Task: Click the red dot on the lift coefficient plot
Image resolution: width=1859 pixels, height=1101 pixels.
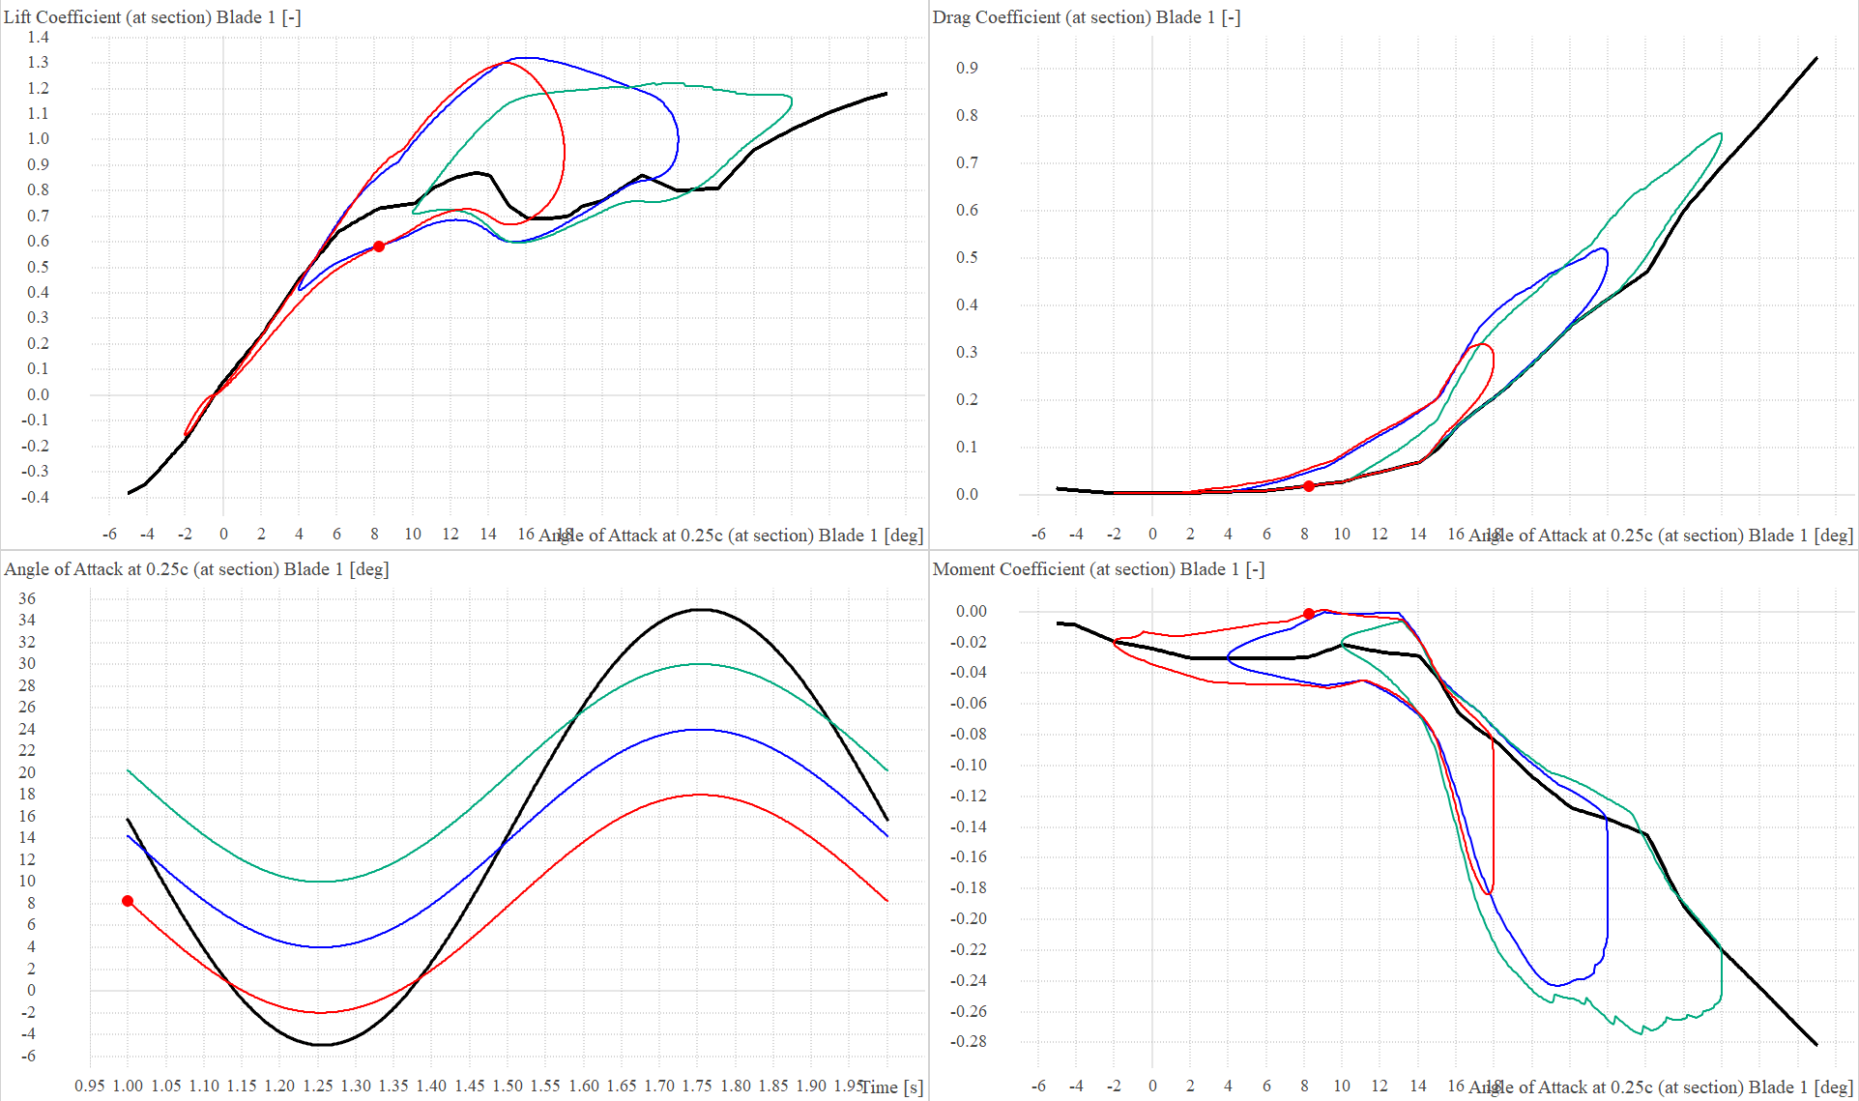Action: coord(379,246)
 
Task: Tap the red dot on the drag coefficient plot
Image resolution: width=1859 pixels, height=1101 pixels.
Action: coord(1308,486)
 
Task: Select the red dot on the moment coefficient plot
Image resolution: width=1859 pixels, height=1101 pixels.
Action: coord(1308,614)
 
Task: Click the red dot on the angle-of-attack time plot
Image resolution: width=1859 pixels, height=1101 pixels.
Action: coord(128,901)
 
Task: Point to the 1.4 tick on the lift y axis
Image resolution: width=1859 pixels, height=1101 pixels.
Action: coord(38,38)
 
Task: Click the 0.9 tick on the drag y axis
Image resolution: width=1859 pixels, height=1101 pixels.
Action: coord(967,68)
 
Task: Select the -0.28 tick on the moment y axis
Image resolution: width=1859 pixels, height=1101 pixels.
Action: coord(968,1041)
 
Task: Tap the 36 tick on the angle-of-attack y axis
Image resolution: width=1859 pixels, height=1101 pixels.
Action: coord(27,598)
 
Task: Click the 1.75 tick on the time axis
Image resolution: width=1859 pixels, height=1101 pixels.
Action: coord(697,1086)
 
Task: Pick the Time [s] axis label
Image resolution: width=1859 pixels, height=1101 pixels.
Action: coord(891,1087)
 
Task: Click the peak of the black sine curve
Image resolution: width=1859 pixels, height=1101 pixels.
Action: coord(702,609)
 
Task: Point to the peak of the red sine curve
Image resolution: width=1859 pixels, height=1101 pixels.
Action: coord(700,795)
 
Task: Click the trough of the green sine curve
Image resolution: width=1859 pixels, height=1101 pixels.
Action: coord(321,881)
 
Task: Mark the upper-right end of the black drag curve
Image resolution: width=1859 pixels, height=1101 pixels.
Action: coord(1816,58)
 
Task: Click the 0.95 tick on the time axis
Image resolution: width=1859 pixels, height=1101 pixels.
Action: coord(90,1086)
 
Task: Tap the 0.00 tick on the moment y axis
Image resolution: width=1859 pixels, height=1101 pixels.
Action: coord(971,611)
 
